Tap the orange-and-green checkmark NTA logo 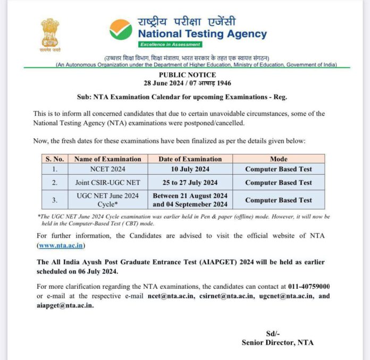[x=121, y=29]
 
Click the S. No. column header [x=55, y=159]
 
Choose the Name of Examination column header [x=107, y=159]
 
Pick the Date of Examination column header [x=190, y=159]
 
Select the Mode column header [x=278, y=159]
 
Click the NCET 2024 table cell [x=107, y=169]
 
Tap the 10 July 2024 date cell [x=190, y=169]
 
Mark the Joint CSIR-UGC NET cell [x=107, y=183]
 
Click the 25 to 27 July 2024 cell [x=190, y=183]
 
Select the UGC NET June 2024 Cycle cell [x=107, y=200]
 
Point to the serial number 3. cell [x=55, y=200]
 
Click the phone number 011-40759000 [x=309, y=286]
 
